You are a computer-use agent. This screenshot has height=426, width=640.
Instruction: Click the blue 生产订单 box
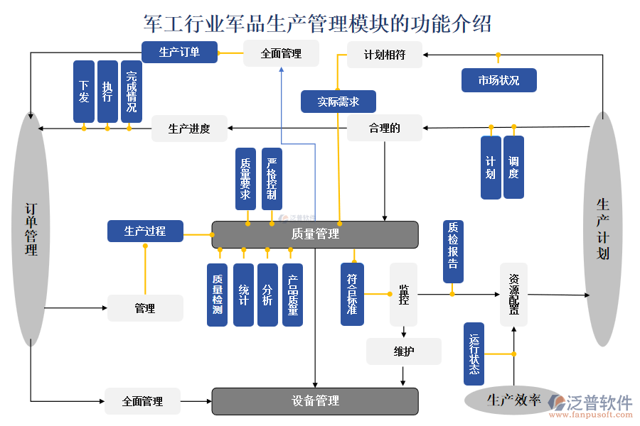(x=179, y=52)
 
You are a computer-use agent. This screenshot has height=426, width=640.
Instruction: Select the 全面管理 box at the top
(x=281, y=53)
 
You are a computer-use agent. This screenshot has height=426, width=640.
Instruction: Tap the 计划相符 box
(x=384, y=55)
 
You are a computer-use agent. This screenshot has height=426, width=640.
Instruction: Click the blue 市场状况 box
(x=498, y=80)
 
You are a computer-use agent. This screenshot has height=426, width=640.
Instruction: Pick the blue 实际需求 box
(x=338, y=102)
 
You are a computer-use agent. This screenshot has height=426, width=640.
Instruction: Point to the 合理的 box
(x=384, y=128)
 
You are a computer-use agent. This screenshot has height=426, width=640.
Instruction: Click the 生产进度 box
(x=189, y=129)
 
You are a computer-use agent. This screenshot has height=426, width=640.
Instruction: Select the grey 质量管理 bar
(x=315, y=234)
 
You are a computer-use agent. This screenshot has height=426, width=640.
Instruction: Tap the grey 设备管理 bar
(x=315, y=401)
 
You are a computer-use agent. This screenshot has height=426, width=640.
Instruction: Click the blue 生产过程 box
(x=145, y=231)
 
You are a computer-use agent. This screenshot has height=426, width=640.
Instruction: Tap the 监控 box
(x=403, y=294)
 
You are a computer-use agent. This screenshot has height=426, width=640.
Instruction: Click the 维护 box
(x=403, y=351)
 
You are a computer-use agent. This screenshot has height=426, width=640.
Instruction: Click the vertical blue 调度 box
(x=513, y=167)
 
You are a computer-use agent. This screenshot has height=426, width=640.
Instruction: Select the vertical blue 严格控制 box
(x=272, y=179)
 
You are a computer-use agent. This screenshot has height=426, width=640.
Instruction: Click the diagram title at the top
(x=317, y=23)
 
